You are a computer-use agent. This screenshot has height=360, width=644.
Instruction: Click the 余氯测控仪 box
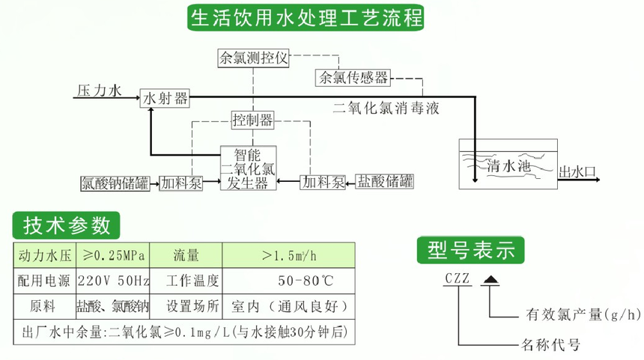(x=253, y=58)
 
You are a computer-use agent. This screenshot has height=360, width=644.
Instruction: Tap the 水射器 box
(x=165, y=98)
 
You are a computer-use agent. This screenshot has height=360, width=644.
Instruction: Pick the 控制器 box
(x=252, y=120)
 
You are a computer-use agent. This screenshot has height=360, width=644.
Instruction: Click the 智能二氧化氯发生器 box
(x=247, y=168)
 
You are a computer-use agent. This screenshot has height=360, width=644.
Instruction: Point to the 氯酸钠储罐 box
(x=115, y=183)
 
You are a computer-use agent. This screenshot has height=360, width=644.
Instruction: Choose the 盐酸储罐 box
(x=386, y=182)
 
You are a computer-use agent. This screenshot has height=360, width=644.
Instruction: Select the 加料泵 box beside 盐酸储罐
(x=323, y=182)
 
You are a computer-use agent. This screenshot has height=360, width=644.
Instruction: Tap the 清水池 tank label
(x=508, y=165)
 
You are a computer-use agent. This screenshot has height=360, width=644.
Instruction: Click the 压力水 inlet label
(x=99, y=91)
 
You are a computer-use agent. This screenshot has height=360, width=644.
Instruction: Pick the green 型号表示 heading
(x=470, y=250)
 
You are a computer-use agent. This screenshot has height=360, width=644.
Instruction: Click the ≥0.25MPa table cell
(x=115, y=256)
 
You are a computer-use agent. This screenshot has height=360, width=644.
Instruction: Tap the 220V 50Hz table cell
(x=115, y=281)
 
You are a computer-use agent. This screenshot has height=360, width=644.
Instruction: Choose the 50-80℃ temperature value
(x=306, y=281)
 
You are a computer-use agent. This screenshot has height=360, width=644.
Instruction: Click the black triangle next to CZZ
(x=490, y=280)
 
